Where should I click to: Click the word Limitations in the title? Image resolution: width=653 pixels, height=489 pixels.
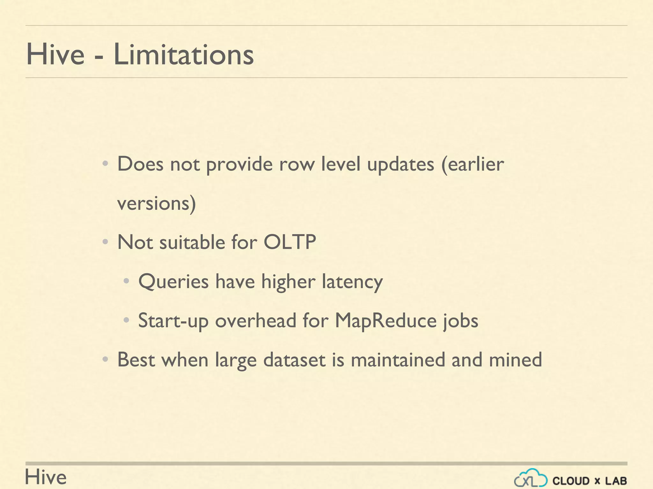[x=183, y=54]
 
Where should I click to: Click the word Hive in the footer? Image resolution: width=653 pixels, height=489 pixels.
[x=46, y=477]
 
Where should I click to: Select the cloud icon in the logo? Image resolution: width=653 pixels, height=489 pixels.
[x=531, y=478]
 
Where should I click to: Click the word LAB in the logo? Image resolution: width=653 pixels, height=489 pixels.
[x=616, y=481]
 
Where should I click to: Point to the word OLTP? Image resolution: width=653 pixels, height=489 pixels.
[x=290, y=242]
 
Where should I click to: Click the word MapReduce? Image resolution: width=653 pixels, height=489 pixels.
[x=385, y=321]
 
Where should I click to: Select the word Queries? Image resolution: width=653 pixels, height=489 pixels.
[x=173, y=282]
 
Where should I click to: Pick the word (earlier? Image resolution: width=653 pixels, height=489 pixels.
[x=473, y=164]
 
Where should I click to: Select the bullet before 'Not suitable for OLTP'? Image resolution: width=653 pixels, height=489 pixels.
[x=105, y=243]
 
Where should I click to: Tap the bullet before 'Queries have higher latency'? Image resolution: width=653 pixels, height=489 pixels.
[x=126, y=281]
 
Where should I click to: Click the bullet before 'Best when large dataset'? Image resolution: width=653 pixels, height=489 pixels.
[x=105, y=360]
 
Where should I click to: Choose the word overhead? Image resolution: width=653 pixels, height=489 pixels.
[x=256, y=321]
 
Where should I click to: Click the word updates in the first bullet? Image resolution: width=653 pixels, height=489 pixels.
[x=400, y=165]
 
